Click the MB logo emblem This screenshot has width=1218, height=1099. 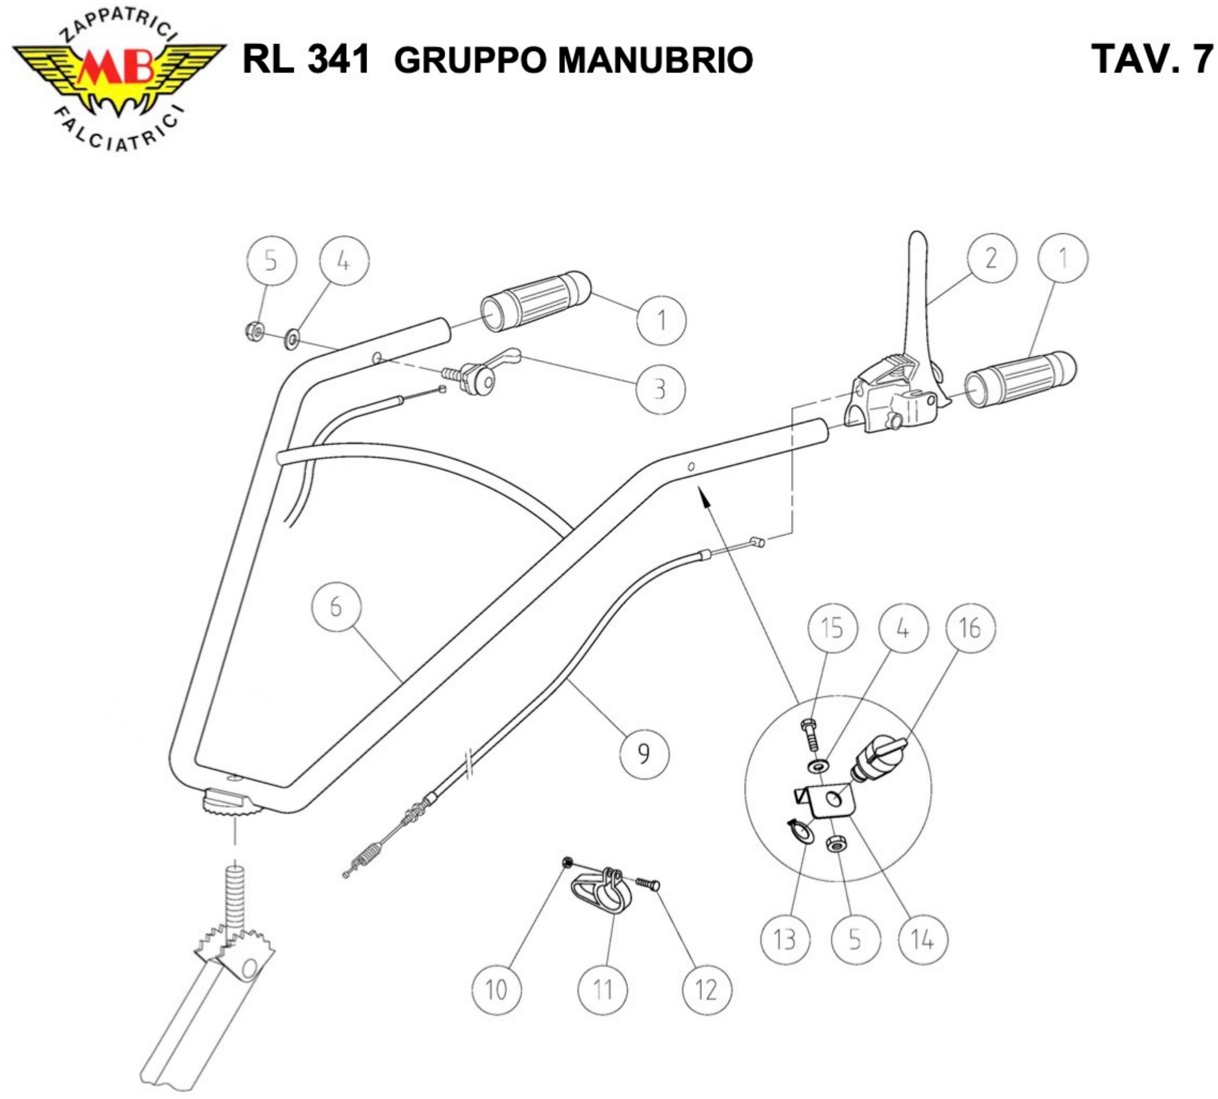click(118, 72)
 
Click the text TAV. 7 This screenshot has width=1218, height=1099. click(1152, 59)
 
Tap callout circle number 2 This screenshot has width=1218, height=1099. click(991, 258)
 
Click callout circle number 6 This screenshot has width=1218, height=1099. click(336, 606)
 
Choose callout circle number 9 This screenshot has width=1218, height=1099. click(644, 753)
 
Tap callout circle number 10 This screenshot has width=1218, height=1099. click(496, 990)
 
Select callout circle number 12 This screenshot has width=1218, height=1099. click(707, 990)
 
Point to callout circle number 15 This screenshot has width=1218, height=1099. click(832, 628)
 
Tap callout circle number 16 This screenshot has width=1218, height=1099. click(970, 628)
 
